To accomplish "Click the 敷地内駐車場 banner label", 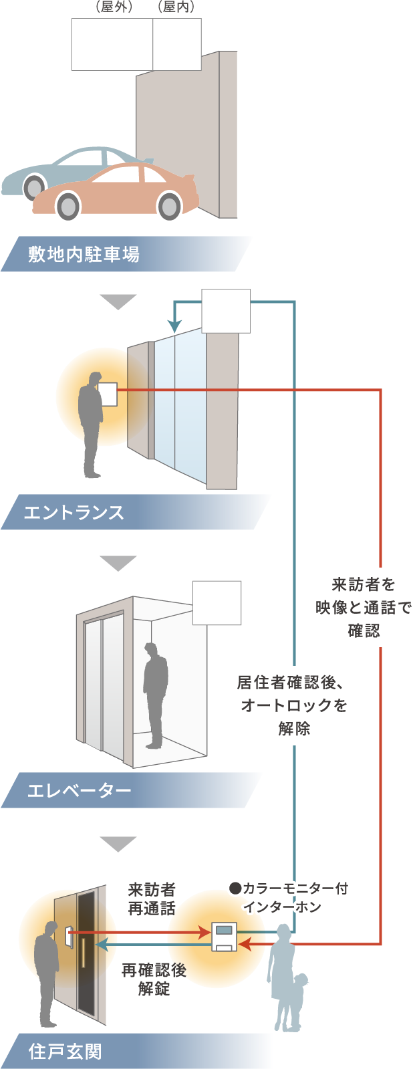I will point(84,255).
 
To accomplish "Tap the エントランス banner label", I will point(74,513).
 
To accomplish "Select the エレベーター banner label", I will point(79,791).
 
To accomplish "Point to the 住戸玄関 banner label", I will point(65,1052).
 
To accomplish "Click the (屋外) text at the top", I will point(113,7).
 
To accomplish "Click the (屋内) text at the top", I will point(175,7).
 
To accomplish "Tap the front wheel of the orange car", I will point(68,205).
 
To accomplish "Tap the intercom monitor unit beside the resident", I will point(224,936).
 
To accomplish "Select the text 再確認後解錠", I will point(154,979).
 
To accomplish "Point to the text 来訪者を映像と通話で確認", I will point(364,607).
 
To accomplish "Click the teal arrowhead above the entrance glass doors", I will point(174,326).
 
